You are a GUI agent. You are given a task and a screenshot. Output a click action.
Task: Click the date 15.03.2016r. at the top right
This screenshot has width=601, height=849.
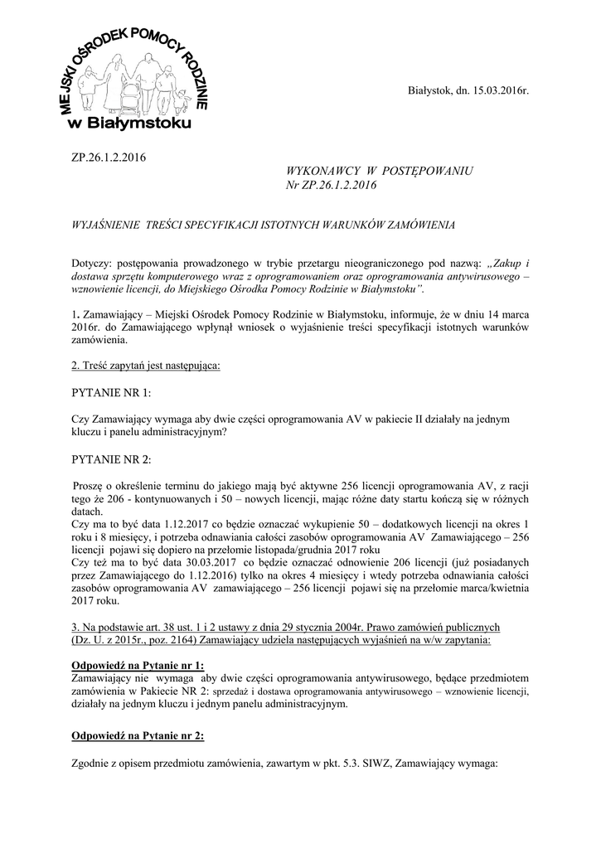pyautogui.click(x=492, y=90)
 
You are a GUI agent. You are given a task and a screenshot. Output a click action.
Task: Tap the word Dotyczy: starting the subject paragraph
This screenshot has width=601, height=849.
pyautogui.click(x=95, y=263)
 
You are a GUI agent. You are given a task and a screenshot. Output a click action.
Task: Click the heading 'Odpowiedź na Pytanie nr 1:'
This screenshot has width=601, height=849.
pyautogui.click(x=138, y=666)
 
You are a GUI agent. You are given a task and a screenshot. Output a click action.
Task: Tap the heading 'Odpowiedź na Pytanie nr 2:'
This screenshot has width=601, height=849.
pyautogui.click(x=138, y=735)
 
